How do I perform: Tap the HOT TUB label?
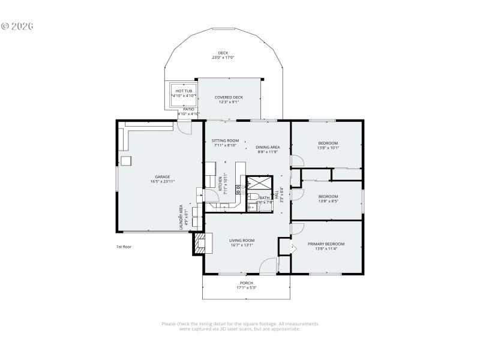tap(184, 91)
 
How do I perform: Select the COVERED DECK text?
tap(229, 97)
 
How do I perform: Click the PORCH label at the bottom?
tap(246, 283)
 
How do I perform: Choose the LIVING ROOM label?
tap(242, 240)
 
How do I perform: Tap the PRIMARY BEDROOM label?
tap(326, 244)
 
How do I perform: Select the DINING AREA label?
tap(268, 147)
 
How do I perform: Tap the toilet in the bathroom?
tap(253, 197)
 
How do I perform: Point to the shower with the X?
tap(260, 182)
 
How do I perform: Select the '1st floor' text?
tap(124, 247)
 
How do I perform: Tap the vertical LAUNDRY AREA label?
tap(181, 217)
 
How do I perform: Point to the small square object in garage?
tap(126, 161)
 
